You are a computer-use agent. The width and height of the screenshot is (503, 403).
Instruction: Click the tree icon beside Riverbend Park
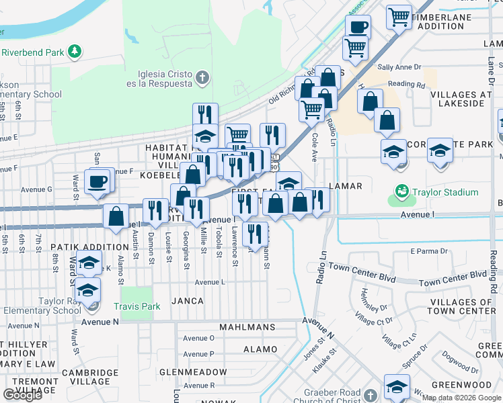click(76, 51)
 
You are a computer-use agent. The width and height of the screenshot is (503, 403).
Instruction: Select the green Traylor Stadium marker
click(402, 192)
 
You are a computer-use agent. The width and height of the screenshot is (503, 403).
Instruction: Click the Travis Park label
click(137, 307)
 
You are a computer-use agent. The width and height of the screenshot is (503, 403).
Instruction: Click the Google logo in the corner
click(22, 395)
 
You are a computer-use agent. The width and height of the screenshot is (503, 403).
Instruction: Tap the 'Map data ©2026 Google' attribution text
click(461, 398)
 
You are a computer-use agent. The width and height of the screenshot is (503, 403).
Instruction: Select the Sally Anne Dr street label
click(399, 67)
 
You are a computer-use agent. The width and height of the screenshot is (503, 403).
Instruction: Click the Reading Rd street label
click(407, 85)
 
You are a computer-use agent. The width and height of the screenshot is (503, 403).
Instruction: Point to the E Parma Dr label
click(429, 251)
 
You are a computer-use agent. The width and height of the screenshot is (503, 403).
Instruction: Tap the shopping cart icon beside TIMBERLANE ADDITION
click(399, 16)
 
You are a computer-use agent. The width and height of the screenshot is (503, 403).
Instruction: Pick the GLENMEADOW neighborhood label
click(193, 371)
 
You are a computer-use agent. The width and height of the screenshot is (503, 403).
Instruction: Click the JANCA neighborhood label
click(187, 301)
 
